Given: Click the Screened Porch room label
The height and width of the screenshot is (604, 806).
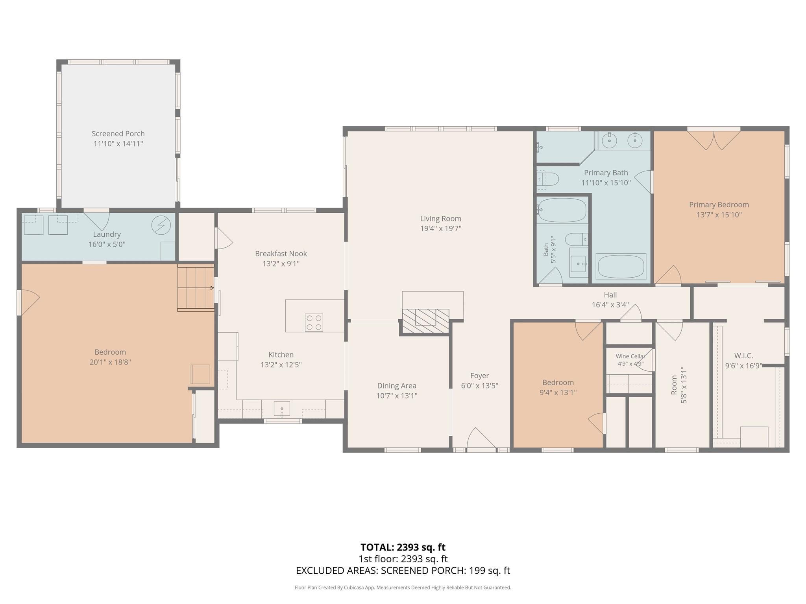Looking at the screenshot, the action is point(118,134).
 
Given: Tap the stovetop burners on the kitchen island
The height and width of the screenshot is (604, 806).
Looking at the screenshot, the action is point(314,322).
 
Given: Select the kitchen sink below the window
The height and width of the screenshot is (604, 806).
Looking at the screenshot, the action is point(282,409).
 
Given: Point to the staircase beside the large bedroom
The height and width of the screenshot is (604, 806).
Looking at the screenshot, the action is point(196,288).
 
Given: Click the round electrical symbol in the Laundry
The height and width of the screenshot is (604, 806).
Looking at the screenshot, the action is point(161,225).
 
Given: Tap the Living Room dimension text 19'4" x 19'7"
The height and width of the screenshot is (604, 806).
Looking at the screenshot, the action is point(440,228).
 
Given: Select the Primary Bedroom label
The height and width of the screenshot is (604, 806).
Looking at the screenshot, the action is point(719,204).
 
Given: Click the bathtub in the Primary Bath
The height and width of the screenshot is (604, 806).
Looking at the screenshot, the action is point(621,266).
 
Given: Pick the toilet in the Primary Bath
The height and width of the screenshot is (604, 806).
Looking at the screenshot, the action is point(548,179).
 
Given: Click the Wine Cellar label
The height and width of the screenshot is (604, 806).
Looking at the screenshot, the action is point(630,356).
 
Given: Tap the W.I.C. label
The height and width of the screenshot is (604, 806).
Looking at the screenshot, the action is point(743,355).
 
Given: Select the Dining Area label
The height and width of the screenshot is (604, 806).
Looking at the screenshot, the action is point(396,386).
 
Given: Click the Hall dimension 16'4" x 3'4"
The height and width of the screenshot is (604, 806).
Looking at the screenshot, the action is point(610,305).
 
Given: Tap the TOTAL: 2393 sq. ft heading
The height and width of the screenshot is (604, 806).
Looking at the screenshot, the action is point(403,547).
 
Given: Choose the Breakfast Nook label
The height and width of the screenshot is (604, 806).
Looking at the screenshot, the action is point(281,254).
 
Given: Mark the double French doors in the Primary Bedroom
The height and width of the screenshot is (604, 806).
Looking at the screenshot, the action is point(714,140).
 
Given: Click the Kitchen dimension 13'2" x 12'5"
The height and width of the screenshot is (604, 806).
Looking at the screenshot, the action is point(281,365).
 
